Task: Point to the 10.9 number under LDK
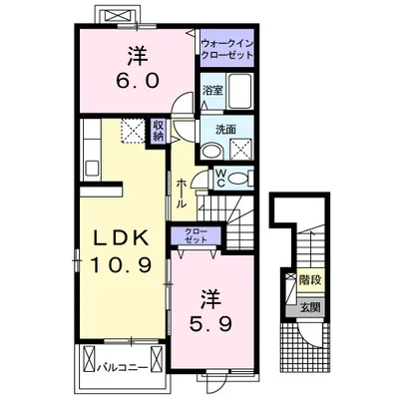[x=122, y=267]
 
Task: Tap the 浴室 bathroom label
[x=212, y=89]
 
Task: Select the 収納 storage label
[x=158, y=131]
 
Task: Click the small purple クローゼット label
[x=196, y=235]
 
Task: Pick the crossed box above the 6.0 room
[x=113, y=15]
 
